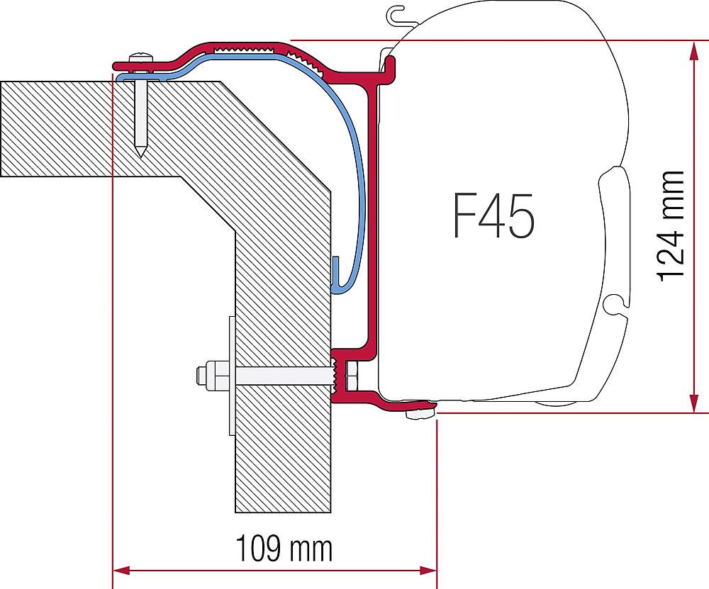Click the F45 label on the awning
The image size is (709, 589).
pyautogui.click(x=493, y=215)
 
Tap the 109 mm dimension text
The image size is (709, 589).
pyautogui.click(x=284, y=549)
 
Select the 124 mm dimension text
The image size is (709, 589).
pyautogui.click(x=670, y=227)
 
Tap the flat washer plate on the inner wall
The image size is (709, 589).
pyautogui.click(x=232, y=376)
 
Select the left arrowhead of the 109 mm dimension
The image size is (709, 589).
pyautogui.click(x=121, y=571)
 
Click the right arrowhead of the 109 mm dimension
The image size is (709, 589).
pyautogui.click(x=428, y=571)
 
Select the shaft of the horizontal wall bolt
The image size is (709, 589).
pyautogui.click(x=283, y=376)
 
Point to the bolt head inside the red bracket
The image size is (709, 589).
pyautogui.click(x=351, y=376)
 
